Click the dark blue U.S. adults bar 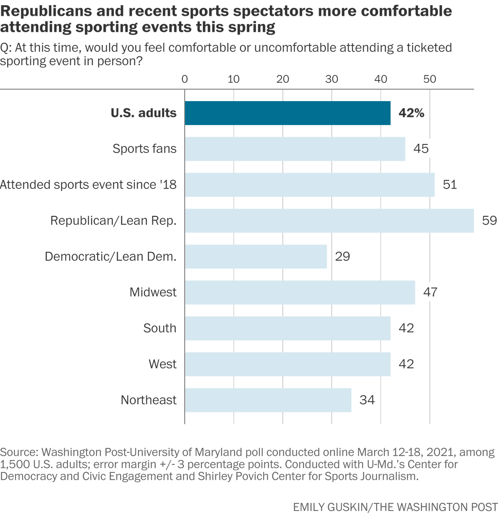point(287,113)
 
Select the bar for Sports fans point(295,149)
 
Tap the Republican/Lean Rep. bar point(329,221)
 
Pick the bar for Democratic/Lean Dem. point(256,257)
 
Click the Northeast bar point(268,400)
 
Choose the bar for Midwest point(300,293)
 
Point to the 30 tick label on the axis point(331,79)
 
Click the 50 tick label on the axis point(429,79)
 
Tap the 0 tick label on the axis point(185,79)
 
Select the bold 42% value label point(411,113)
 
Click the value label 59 point(489,221)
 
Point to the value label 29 point(343,257)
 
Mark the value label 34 point(367,400)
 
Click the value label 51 point(450,185)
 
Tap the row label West point(162,364)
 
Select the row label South point(160,328)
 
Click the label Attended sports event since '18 point(88,185)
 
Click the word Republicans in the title point(40,11)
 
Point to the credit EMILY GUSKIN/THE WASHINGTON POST point(395,507)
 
